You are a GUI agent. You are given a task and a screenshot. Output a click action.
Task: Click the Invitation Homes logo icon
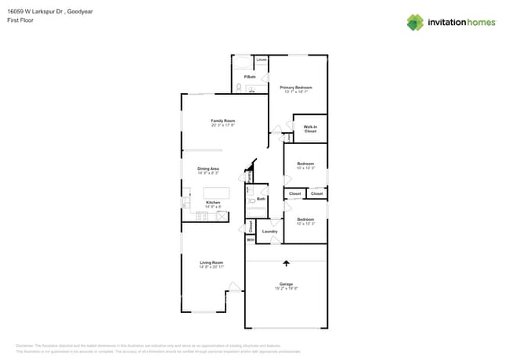click(x=414, y=22)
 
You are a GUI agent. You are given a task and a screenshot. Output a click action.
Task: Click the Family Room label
click(x=222, y=121)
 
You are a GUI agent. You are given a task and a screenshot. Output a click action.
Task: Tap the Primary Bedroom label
click(x=297, y=87)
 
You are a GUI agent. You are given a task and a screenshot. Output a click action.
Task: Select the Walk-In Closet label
click(x=310, y=128)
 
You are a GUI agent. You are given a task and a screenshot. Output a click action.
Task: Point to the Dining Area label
click(x=208, y=168)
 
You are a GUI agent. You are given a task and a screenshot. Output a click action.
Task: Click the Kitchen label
click(x=213, y=202)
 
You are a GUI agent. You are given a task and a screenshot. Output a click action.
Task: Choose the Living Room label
click(x=211, y=262)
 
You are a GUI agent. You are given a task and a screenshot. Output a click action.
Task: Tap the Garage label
click(x=286, y=283)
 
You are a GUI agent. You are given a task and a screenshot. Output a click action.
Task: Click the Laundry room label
click(x=270, y=232)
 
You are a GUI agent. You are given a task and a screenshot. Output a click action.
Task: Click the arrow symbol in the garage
click(x=286, y=264)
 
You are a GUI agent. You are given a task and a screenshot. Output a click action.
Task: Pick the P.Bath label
click(x=251, y=77)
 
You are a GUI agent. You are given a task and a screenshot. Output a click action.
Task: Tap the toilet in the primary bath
click(x=239, y=88)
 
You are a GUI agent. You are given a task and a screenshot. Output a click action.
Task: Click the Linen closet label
click(x=262, y=59)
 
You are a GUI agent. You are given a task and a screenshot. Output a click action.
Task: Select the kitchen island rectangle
click(x=216, y=193)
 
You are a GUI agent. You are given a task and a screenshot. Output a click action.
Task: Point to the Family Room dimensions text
click(x=222, y=125)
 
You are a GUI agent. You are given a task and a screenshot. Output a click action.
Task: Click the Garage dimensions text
click(x=286, y=288)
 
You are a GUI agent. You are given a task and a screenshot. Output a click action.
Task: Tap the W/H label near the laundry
click(x=251, y=239)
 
